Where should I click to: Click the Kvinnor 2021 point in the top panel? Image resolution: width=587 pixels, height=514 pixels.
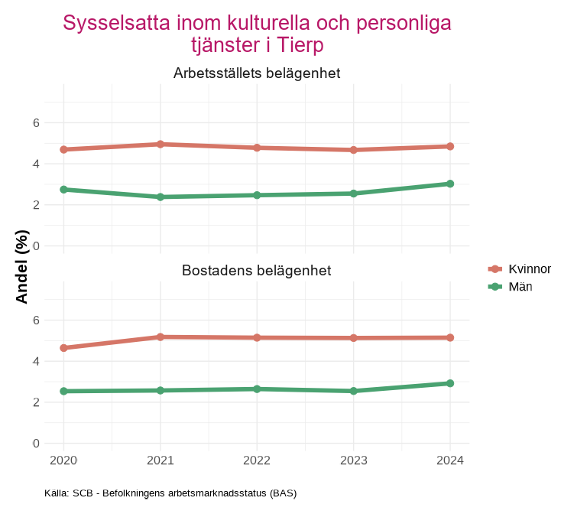161,144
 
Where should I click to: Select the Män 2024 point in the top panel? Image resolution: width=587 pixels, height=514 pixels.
450,184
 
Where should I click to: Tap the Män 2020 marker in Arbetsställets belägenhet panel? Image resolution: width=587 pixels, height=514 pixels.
63,189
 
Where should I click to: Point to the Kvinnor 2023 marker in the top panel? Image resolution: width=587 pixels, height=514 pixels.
354,150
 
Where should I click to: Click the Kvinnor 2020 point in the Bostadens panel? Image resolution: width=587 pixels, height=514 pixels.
63,348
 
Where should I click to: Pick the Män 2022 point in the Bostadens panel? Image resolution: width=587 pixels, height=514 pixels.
257,389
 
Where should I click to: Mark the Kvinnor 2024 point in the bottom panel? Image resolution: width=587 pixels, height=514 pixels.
450,337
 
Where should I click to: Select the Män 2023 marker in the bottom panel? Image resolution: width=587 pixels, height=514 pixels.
354,391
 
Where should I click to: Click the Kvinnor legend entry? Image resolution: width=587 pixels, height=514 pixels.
530,268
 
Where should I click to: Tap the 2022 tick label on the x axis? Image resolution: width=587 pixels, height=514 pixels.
257,460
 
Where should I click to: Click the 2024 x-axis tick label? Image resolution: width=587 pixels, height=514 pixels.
450,460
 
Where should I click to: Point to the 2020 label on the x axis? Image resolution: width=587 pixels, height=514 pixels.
63,460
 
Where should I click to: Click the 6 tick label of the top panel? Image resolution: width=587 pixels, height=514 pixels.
36,122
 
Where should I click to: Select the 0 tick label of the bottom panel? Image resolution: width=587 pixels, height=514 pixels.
36,443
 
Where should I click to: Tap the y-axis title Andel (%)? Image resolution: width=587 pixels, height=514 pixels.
23,266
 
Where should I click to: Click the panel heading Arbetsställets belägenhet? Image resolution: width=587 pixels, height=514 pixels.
257,73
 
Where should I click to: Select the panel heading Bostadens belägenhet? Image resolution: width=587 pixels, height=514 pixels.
257,271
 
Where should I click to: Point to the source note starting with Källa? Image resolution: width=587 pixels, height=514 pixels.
170,493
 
